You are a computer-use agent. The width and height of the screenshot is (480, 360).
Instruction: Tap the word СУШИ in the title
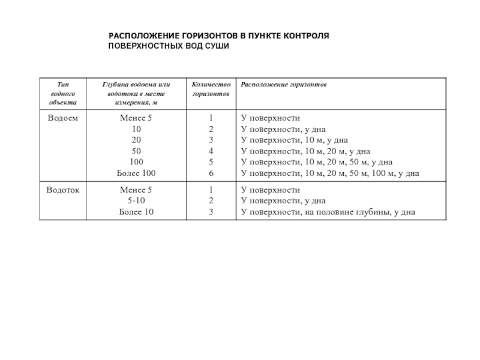[x=217, y=46]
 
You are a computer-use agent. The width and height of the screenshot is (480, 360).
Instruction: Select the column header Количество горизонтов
[x=210, y=89]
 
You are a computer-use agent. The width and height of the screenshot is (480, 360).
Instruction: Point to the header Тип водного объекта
[x=62, y=94]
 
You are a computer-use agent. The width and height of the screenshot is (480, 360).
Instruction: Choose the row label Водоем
[x=62, y=118]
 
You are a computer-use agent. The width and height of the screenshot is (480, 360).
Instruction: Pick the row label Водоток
[x=62, y=190]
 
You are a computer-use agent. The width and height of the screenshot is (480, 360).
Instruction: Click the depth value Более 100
[x=137, y=173]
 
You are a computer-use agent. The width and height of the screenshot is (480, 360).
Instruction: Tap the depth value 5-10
[x=137, y=200]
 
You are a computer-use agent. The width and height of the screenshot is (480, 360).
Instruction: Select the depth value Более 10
[x=137, y=212]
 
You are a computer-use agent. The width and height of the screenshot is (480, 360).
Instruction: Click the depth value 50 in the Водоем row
[x=137, y=151]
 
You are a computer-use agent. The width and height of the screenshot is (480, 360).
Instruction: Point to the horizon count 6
[x=211, y=173]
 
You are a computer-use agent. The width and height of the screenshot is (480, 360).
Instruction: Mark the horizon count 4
[x=211, y=151]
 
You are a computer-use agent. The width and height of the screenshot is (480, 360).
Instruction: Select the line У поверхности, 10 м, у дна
[x=294, y=140]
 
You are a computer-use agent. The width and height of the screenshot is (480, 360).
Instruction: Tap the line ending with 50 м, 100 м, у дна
[x=329, y=173]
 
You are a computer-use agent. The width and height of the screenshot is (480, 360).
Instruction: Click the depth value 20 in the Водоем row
[x=137, y=140]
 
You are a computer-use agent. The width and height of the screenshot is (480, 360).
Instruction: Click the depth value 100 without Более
[x=137, y=163]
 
